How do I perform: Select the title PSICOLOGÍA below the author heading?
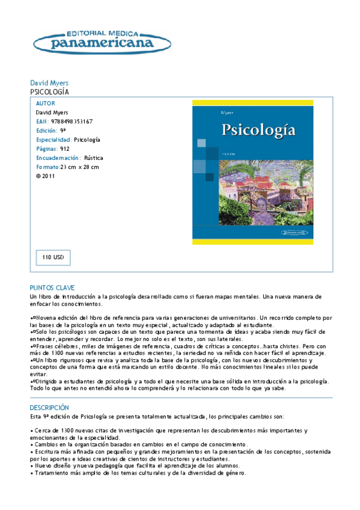[x=49, y=92]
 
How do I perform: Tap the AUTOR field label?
[x=46, y=103]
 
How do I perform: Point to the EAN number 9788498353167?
[x=72, y=121]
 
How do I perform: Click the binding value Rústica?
[x=93, y=158]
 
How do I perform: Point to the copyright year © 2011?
[x=46, y=176]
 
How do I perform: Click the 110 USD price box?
[x=53, y=257]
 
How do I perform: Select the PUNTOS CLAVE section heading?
[x=52, y=288]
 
